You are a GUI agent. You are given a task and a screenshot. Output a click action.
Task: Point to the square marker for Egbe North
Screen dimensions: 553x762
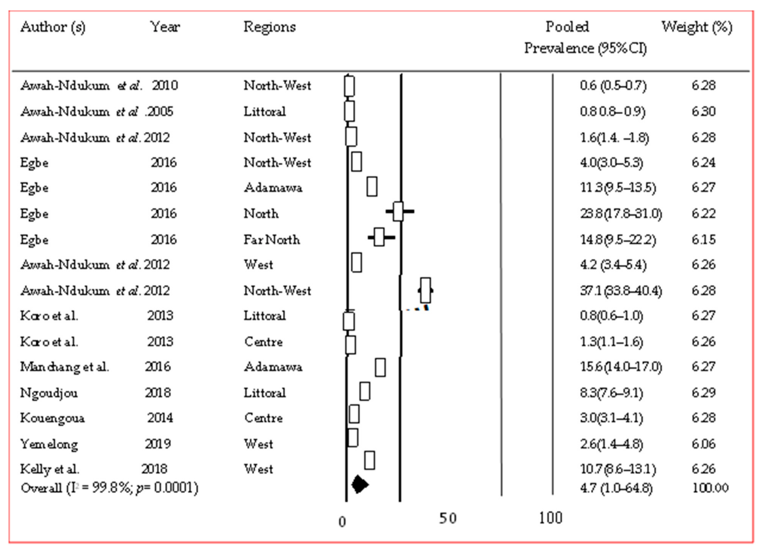pyautogui.click(x=398, y=211)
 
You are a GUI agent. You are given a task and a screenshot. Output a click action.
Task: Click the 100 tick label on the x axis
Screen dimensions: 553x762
pyautogui.click(x=550, y=518)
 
